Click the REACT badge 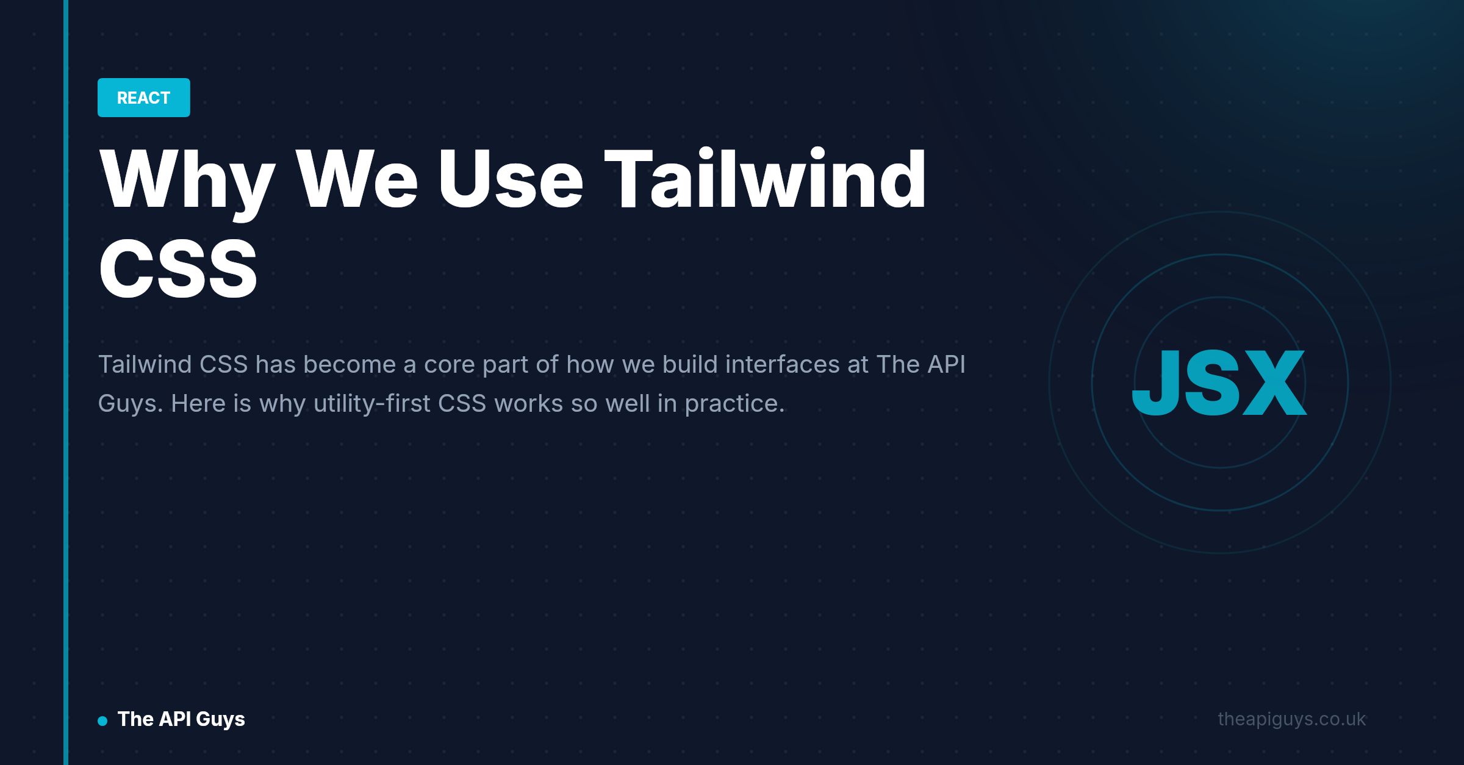pyautogui.click(x=144, y=98)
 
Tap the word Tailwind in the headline pyautogui.click(x=765, y=179)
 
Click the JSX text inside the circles pyautogui.click(x=1219, y=383)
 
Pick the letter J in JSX pyautogui.click(x=1155, y=383)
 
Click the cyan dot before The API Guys pyautogui.click(x=102, y=721)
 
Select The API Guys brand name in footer pyautogui.click(x=181, y=719)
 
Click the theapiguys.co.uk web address pyautogui.click(x=1292, y=719)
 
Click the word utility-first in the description pyautogui.click(x=372, y=404)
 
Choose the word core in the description pyautogui.click(x=449, y=365)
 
